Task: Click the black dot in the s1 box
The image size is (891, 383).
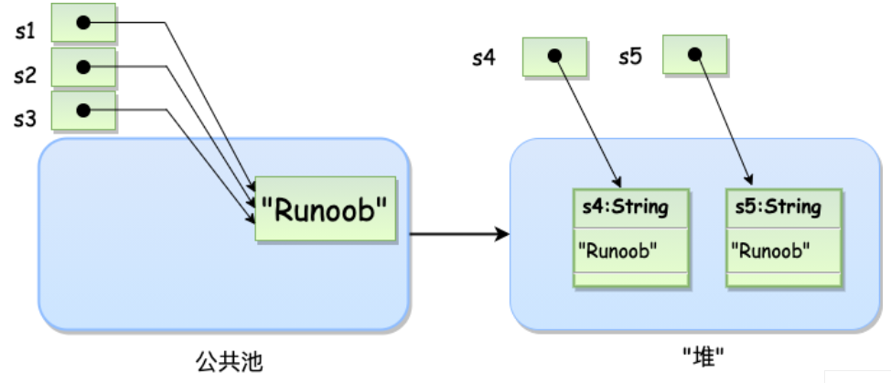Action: [83, 22]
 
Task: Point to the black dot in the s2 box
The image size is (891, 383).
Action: [83, 67]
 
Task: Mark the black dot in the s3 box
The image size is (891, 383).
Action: [83, 111]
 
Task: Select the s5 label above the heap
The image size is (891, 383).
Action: [628, 57]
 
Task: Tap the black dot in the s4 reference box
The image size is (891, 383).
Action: [553, 56]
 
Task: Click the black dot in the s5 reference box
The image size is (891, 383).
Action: [693, 55]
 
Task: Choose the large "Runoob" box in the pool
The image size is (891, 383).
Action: [325, 209]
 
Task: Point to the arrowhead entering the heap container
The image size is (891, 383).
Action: [502, 235]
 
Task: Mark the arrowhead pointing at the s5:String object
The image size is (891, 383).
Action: [752, 180]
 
